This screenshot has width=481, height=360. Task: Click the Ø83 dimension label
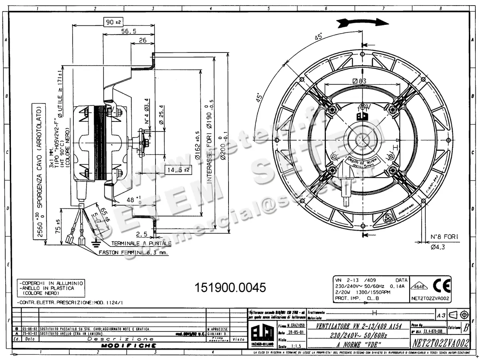point(360,81)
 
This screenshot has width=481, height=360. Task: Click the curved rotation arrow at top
point(362,23)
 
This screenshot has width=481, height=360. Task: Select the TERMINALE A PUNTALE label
point(141,243)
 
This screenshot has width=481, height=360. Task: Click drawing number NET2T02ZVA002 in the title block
point(441,343)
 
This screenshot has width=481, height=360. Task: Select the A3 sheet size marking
point(441,315)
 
